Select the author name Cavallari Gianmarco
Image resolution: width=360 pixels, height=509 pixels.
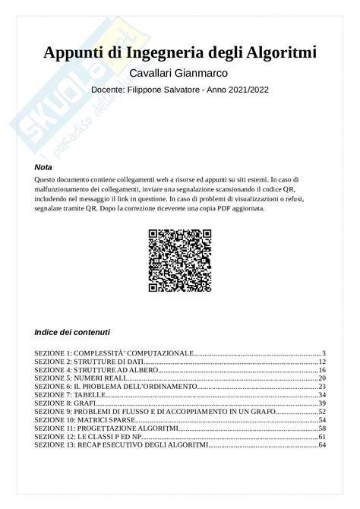tap(179, 73)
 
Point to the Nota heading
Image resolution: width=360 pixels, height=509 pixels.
tap(43, 167)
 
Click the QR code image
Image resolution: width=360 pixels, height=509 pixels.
tap(180, 261)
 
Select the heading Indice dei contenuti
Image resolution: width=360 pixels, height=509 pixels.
tap(72, 332)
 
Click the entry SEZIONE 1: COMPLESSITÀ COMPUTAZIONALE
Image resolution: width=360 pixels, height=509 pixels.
tap(114, 353)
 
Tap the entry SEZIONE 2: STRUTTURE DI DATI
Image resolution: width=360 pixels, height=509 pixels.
tap(89, 362)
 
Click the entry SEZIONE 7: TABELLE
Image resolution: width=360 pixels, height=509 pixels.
tap(74, 395)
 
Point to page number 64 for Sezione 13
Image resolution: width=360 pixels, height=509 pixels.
tap(322, 444)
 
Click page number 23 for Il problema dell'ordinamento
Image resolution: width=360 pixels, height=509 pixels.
tap(322, 387)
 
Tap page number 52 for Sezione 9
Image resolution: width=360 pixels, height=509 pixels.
tap(322, 412)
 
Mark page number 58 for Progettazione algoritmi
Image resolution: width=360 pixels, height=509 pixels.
tap(322, 428)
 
